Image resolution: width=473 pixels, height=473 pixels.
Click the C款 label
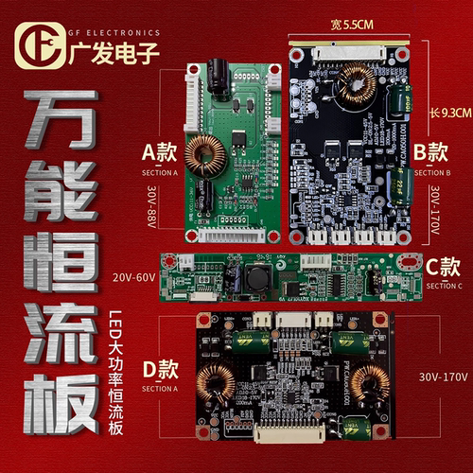pos(443,268)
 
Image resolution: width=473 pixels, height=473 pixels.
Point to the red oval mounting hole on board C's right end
pos(408,262)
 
